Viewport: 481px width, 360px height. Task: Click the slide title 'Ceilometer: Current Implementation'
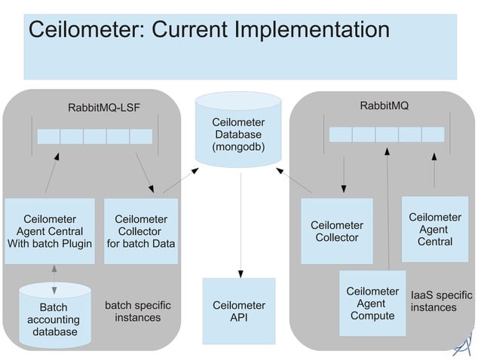coord(208,31)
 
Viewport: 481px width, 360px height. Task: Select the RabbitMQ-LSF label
coord(104,107)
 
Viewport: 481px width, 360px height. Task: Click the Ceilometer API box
coord(238,311)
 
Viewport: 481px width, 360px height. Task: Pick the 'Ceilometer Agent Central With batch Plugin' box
coord(50,231)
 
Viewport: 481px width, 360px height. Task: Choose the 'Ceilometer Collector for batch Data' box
coord(141,231)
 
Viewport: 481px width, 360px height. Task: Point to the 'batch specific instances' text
coord(137,311)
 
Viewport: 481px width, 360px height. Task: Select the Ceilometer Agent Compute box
coord(372,303)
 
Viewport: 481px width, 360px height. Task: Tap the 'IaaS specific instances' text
coord(441,301)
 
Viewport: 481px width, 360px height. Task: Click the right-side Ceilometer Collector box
coord(336,231)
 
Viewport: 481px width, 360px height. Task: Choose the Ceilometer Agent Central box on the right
coord(435,229)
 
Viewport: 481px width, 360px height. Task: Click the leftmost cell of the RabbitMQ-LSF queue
coord(49,136)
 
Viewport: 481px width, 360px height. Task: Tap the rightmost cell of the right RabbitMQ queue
coord(433,134)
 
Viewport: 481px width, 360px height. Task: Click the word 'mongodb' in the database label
coord(237,146)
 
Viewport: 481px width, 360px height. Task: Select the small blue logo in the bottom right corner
coord(462,343)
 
